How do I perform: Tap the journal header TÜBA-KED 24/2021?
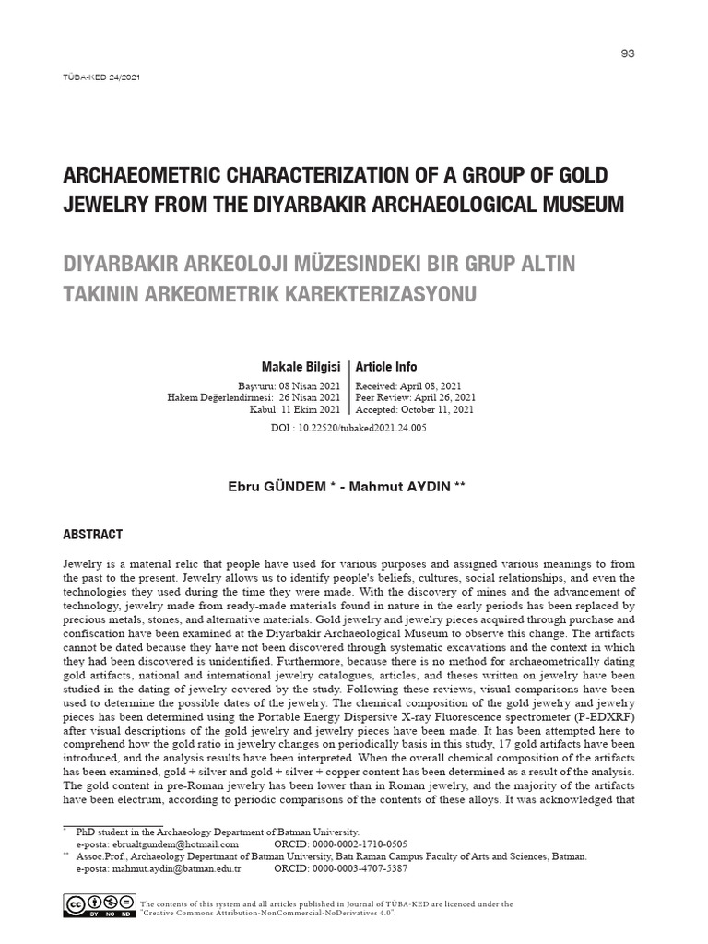100,77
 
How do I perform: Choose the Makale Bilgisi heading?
301,367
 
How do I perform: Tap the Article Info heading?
386,367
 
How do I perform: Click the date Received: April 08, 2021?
408,385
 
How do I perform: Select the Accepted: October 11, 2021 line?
415,409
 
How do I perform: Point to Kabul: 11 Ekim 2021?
294,409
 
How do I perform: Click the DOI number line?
348,429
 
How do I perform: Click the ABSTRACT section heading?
92,535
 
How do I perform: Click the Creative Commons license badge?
98,906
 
